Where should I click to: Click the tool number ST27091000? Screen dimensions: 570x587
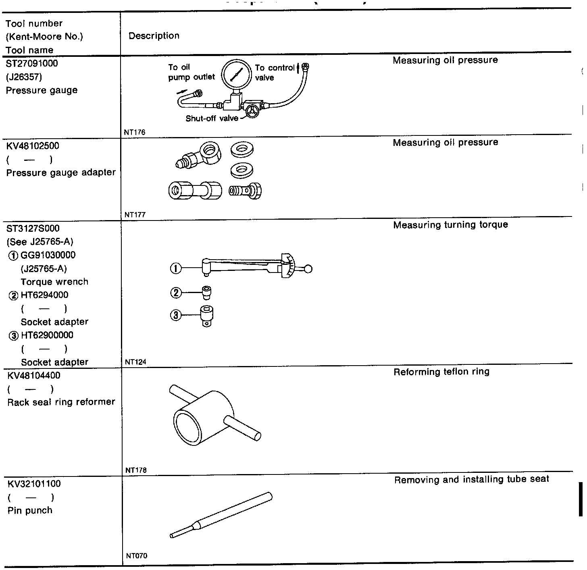(32, 63)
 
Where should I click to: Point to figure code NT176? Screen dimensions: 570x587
(135, 132)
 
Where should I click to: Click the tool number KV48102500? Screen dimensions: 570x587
(33, 146)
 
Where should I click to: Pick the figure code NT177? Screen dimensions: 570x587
(135, 215)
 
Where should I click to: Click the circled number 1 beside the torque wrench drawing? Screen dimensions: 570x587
(176, 268)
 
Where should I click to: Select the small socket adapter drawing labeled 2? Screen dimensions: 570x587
(207, 293)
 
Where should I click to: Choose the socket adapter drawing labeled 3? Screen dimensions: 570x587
(206, 316)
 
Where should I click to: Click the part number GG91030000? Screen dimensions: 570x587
(48, 255)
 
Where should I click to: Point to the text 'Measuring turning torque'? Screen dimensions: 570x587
(450, 225)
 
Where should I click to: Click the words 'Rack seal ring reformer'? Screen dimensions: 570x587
(61, 402)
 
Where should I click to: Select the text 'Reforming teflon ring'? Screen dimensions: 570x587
(441, 372)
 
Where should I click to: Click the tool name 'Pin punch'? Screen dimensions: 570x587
(30, 510)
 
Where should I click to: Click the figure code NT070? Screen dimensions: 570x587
(136, 556)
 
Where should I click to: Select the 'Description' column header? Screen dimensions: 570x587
(154, 36)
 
